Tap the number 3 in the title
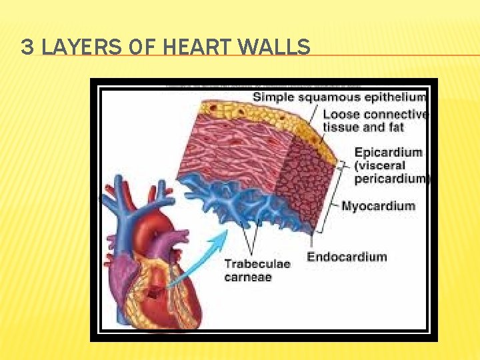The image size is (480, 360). coord(27,47)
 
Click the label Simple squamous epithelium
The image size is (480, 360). coord(339,97)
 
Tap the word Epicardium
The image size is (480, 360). coord(388,152)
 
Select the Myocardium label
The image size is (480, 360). coord(377,206)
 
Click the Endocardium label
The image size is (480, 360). coord(347,257)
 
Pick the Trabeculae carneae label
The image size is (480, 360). coord(257,270)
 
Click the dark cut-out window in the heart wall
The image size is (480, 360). coord(155,291)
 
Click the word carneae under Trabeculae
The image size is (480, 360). coord(248,277)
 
